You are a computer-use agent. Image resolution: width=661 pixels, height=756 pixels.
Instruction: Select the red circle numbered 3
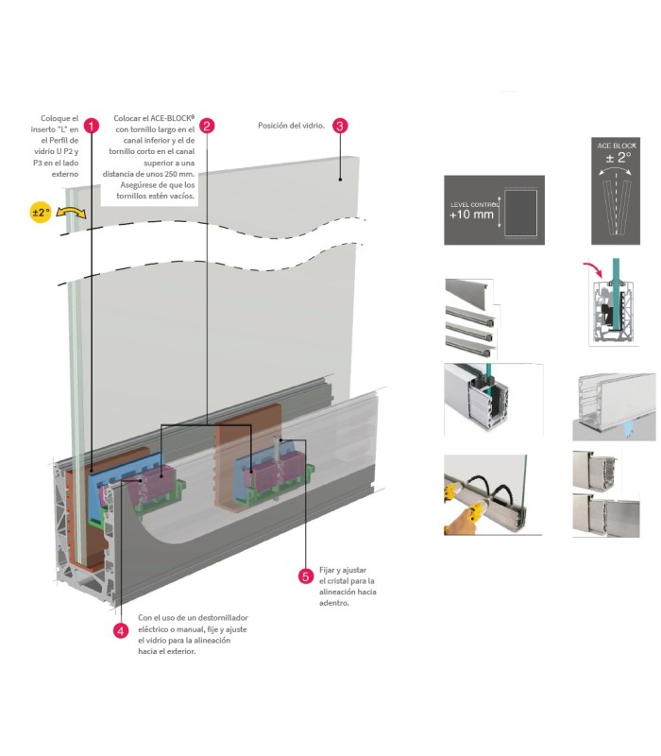341,125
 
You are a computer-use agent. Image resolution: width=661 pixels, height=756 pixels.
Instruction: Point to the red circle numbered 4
120,630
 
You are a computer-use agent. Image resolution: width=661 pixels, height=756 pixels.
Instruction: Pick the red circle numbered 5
304,576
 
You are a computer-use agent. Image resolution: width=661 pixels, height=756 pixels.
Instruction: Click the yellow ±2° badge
41,213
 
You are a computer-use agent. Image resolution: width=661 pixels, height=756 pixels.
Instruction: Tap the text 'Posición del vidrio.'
291,125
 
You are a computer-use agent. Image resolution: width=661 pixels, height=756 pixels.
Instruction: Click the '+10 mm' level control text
472,215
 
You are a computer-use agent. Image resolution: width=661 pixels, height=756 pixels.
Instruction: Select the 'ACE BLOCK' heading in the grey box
618,146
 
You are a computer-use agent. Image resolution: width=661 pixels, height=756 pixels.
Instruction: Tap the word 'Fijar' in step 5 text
329,570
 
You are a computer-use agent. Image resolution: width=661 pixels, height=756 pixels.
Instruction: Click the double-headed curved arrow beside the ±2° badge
71,214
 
